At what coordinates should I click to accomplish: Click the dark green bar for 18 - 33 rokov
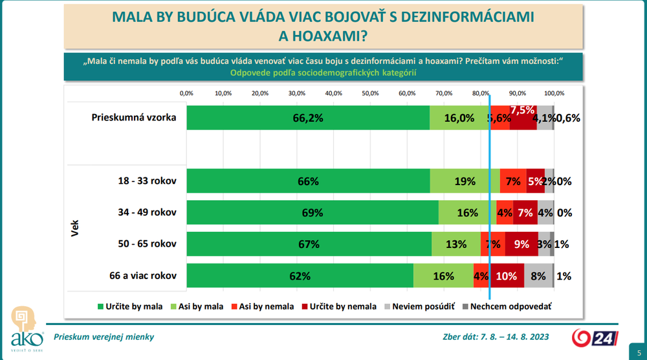308,181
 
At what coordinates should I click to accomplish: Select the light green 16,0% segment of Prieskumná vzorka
459,118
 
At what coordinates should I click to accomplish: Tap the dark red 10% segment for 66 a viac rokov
507,276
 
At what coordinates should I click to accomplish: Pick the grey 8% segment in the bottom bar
538,276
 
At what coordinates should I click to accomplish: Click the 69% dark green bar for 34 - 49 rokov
313,212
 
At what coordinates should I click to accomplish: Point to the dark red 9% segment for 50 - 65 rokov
521,244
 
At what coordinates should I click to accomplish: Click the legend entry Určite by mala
129,306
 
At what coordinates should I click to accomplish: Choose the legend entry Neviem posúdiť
421,306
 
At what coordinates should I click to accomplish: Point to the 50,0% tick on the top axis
370,93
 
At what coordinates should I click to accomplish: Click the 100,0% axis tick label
554,93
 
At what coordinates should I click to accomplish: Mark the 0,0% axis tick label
186,93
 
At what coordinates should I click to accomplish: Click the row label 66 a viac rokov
144,276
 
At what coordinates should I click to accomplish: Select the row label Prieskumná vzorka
134,118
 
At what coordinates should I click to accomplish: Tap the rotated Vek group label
76,228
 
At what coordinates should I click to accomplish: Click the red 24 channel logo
590,337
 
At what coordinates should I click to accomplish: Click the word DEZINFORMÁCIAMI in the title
463,17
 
